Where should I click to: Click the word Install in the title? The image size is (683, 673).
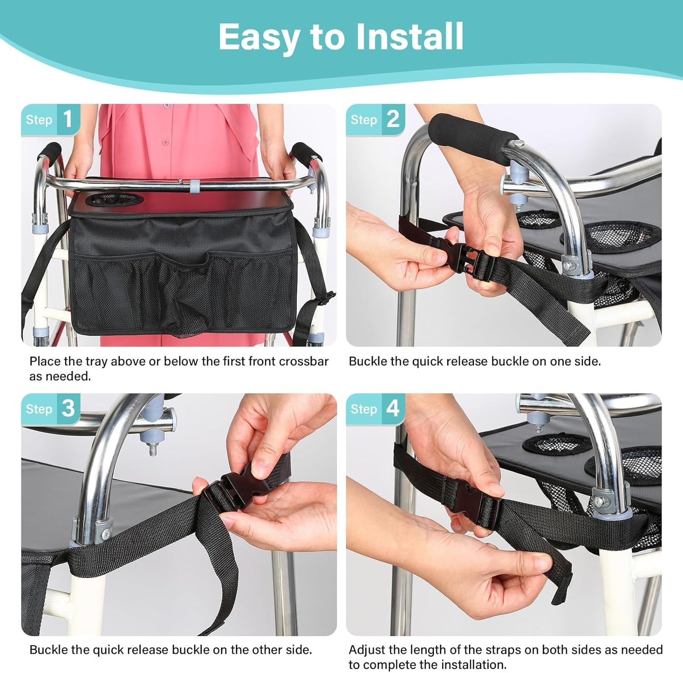(x=409, y=36)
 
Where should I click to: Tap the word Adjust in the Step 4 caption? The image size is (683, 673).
(x=367, y=650)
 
